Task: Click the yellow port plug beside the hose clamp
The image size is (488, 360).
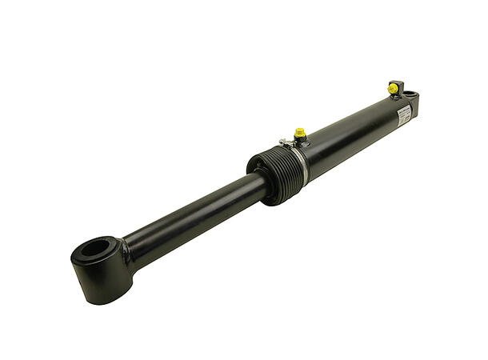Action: [300, 132]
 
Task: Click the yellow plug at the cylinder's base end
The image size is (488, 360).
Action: [394, 86]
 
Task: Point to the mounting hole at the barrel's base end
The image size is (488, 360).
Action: [410, 95]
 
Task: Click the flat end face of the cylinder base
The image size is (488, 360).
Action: [416, 108]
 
